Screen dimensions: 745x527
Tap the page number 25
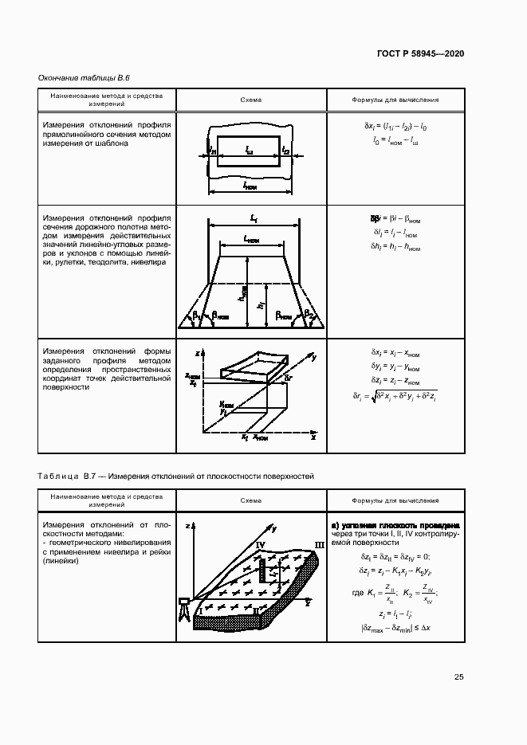pos(458,677)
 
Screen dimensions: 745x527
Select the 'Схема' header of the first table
pos(250,100)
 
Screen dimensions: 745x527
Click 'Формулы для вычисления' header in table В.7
pos(395,501)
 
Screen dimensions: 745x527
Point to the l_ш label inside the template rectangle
pos(250,150)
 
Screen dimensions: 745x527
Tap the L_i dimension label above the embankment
pos(253,218)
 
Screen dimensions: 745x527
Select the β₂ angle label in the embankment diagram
pos(309,315)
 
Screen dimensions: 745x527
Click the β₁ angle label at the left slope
pos(195,316)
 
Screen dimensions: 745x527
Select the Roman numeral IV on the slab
pos(260,544)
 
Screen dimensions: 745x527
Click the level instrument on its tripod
pos(184,607)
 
